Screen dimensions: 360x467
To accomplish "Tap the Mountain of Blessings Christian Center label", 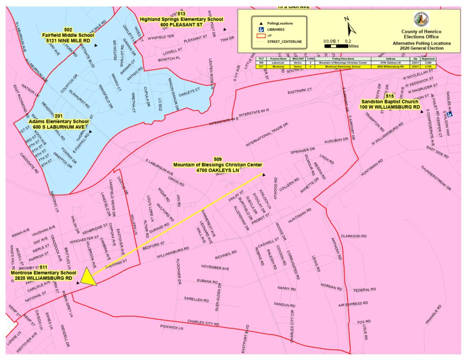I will [218, 165].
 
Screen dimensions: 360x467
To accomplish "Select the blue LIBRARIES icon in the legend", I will [261, 29].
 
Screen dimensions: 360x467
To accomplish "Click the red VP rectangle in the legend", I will [261, 36].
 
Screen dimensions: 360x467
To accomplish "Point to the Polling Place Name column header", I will [344, 58].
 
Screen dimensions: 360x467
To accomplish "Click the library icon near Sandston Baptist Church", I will [451, 114].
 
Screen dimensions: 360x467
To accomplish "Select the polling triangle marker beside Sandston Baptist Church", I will [421, 111].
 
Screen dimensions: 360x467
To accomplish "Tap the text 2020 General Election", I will [422, 49].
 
